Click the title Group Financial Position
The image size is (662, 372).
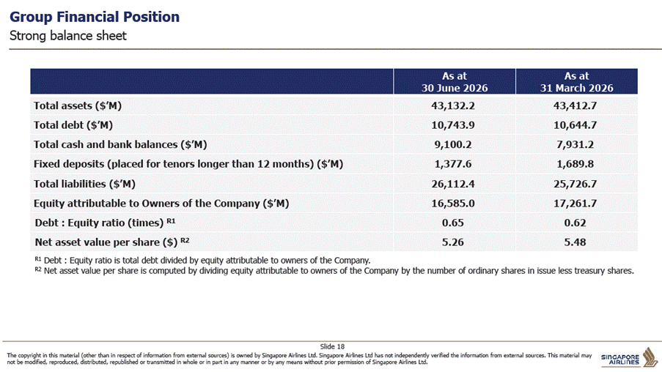(95, 17)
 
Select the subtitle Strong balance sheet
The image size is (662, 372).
(68, 36)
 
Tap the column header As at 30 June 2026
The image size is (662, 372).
(455, 82)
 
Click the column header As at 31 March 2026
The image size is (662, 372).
(577, 82)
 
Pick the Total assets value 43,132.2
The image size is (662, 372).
(453, 105)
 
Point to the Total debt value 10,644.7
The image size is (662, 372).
(575, 124)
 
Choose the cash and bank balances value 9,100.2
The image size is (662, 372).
(453, 144)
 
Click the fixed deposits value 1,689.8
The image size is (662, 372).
(575, 163)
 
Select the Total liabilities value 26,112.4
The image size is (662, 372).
(453, 184)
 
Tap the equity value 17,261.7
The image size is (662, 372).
(575, 204)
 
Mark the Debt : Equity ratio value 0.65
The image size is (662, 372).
(453, 223)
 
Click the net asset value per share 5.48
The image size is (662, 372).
(575, 242)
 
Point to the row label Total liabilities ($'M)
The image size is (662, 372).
(84, 184)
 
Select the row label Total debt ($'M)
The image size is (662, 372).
(73, 124)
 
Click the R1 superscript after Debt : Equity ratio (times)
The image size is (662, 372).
(171, 220)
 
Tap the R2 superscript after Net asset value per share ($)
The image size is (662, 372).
(185, 240)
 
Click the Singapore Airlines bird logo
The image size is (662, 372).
(650, 357)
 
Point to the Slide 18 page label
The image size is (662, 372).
(332, 346)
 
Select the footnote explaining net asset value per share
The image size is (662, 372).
(334, 271)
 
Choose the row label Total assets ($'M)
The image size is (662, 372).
(78, 105)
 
